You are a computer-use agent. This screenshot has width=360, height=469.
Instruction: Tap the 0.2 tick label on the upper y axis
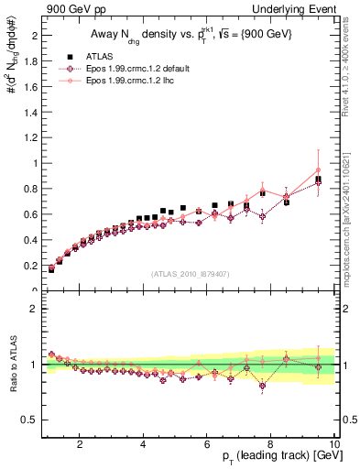coord(27,266)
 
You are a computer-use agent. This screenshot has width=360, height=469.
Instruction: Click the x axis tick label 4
coord(144,445)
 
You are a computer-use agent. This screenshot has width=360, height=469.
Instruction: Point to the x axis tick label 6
coord(207,445)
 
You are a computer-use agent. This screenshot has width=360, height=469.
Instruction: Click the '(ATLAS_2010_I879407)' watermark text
coord(190,273)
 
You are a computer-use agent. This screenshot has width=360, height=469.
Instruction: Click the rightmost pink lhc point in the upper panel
coord(318,169)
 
